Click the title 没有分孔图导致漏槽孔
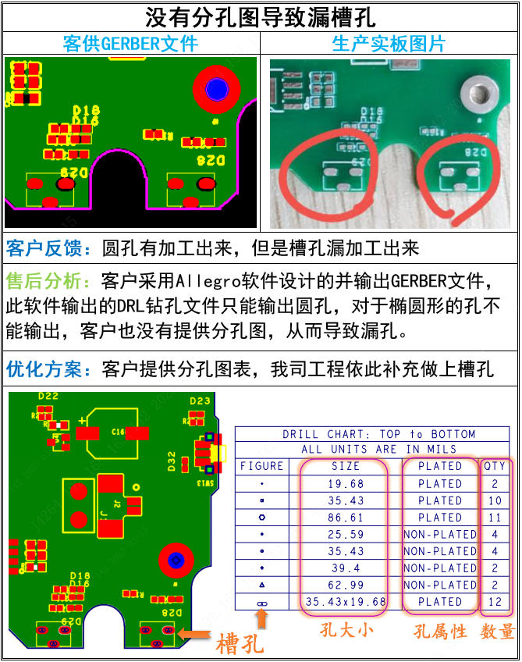261,16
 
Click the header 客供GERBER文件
130,43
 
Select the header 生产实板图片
389,43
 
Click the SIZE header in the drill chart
346,466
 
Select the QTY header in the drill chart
495,466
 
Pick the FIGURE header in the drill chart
261,466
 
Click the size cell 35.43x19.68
346,602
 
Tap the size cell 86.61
346,518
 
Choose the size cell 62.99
346,585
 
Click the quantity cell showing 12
495,602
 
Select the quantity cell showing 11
495,518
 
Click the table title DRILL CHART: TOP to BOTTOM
378,434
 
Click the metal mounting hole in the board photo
477,95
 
